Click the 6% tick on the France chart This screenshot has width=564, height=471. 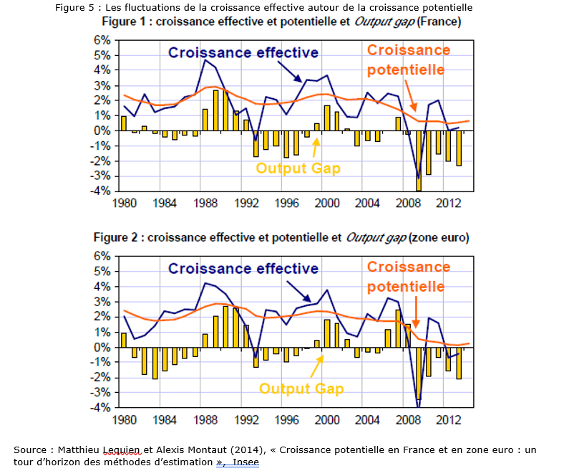[x=99, y=40]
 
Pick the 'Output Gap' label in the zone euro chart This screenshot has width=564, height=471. [x=301, y=389]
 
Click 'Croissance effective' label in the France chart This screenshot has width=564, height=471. [x=243, y=53]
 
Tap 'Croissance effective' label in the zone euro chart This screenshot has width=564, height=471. [x=243, y=269]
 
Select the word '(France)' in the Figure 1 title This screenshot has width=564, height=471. [x=439, y=22]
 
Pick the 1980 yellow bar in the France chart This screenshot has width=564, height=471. [x=124, y=123]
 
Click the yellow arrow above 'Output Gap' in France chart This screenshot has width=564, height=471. [x=315, y=146]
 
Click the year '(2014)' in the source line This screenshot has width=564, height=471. [x=247, y=449]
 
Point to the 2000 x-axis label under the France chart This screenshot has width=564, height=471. [x=328, y=203]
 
